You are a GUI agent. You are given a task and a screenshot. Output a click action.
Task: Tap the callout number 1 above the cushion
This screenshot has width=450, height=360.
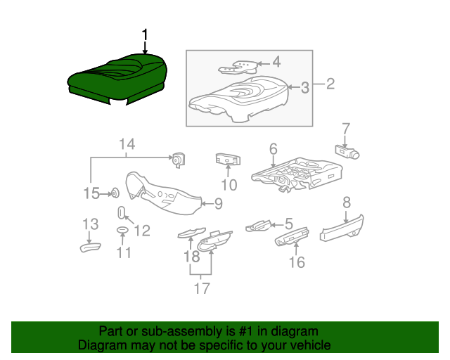tap(146, 35)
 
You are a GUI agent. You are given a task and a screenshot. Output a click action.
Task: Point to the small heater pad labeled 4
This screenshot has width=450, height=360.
tap(239, 67)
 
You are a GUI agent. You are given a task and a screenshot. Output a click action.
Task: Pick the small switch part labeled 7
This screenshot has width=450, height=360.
tap(347, 150)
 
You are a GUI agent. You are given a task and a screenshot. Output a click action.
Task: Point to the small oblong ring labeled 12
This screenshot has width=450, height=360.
tap(121, 213)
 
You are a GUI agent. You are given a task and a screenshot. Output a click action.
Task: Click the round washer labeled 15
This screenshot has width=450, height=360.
tap(112, 192)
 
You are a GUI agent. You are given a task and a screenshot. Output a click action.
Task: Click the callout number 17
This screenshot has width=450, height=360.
tap(202, 288)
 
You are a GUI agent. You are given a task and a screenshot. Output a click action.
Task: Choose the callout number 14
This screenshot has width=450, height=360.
tap(127, 146)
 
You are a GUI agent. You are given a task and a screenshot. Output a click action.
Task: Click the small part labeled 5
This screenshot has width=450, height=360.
tap(257, 226)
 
